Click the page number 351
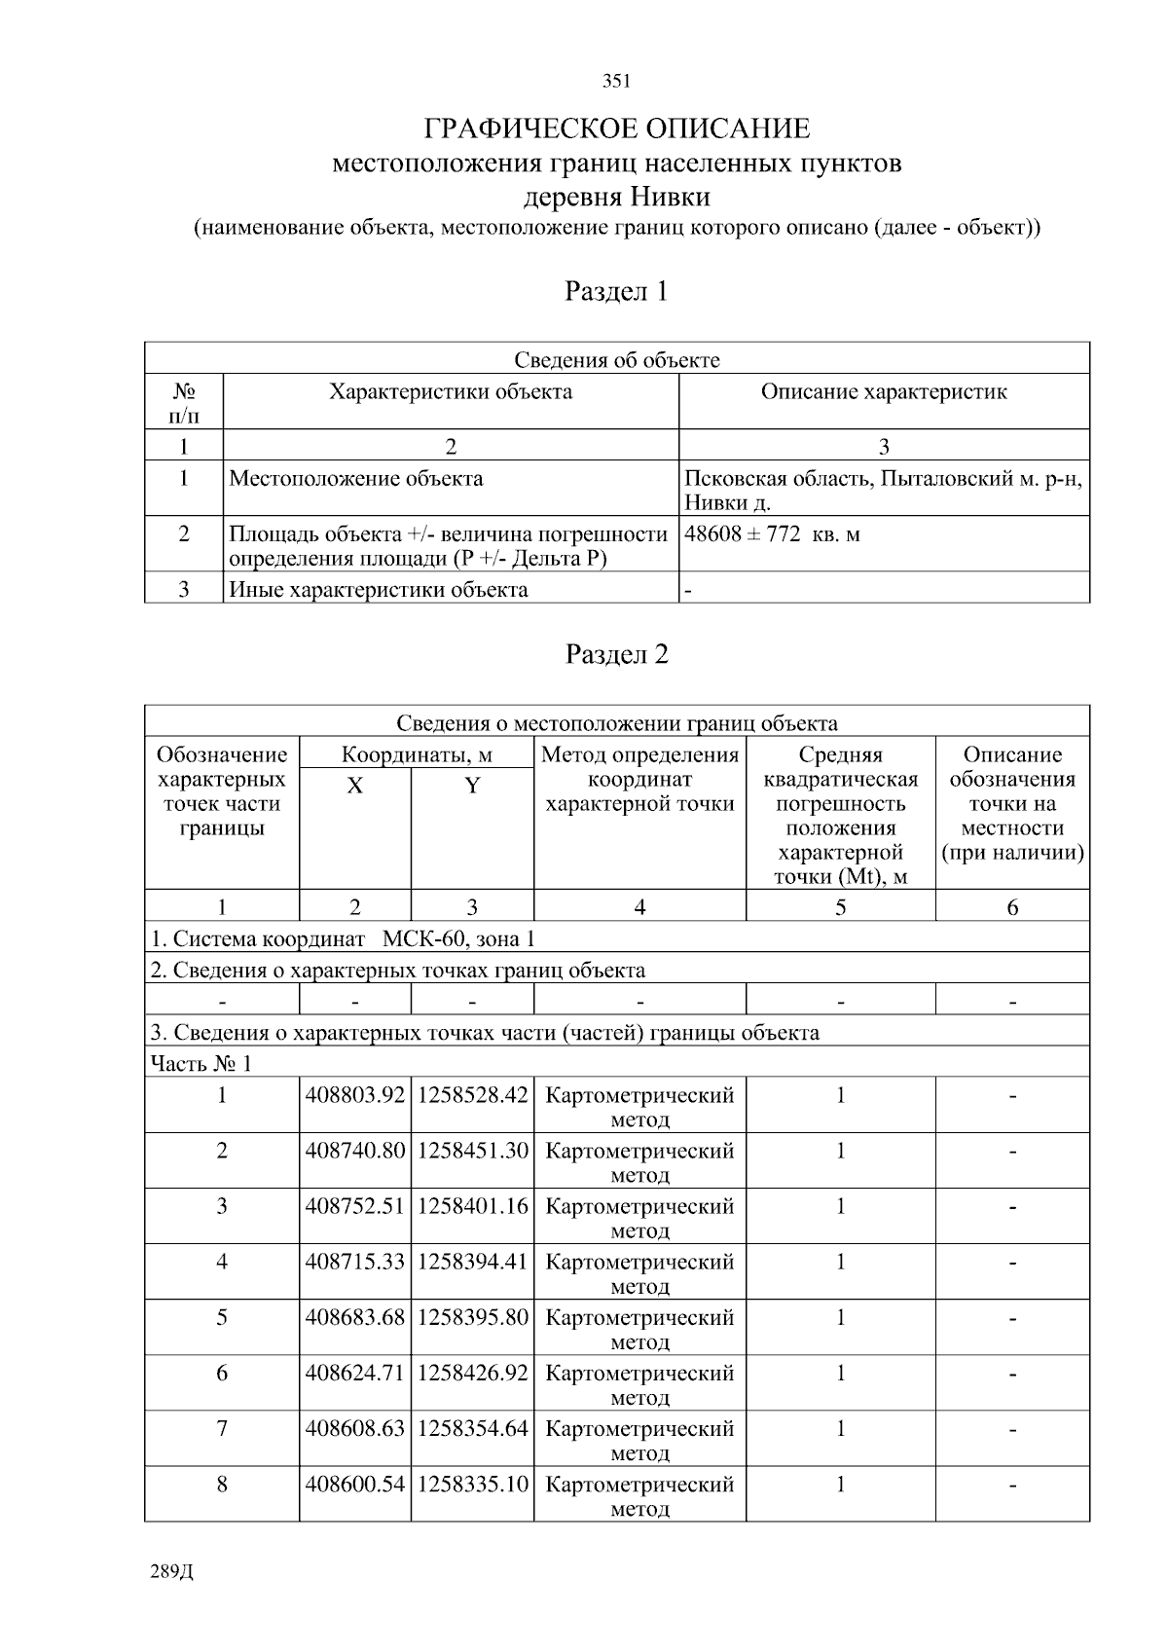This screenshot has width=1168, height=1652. click(x=616, y=82)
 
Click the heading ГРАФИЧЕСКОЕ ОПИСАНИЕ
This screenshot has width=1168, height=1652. click(x=616, y=128)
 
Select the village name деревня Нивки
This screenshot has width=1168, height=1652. click(x=616, y=198)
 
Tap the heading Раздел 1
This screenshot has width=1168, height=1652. click(x=616, y=291)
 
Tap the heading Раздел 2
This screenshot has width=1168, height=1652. click(x=616, y=654)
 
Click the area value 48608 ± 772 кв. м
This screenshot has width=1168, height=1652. click(x=772, y=534)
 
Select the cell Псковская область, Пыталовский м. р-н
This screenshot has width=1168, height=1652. click(x=883, y=479)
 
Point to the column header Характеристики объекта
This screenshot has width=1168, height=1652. click(x=451, y=392)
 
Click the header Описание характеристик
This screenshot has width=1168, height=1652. click(x=883, y=392)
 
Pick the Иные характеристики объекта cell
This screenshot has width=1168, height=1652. click(x=379, y=590)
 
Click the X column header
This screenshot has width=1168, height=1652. click(x=355, y=787)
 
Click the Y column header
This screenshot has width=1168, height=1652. click(x=472, y=787)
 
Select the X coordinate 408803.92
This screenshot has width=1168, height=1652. click(x=355, y=1095)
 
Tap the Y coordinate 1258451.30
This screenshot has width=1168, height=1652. click(x=472, y=1151)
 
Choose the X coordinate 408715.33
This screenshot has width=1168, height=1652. click(x=355, y=1262)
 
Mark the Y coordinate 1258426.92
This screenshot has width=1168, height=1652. click(x=472, y=1373)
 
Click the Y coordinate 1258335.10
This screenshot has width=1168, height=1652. click(x=472, y=1485)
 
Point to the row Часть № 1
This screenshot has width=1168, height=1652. click(x=201, y=1064)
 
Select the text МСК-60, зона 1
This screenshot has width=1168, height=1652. click(x=458, y=939)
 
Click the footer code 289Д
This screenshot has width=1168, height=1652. click(x=173, y=1572)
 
